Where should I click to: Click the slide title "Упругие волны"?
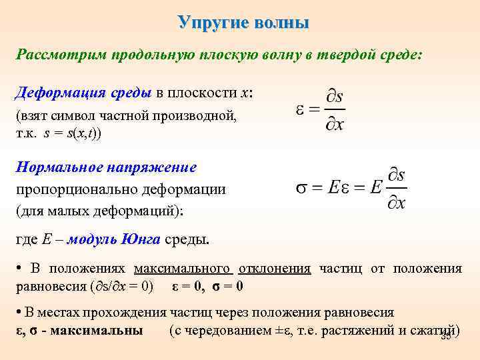point(244,22)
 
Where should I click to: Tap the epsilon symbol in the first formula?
point(299,110)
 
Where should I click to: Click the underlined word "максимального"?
point(183,269)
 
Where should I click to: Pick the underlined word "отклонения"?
point(275,269)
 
